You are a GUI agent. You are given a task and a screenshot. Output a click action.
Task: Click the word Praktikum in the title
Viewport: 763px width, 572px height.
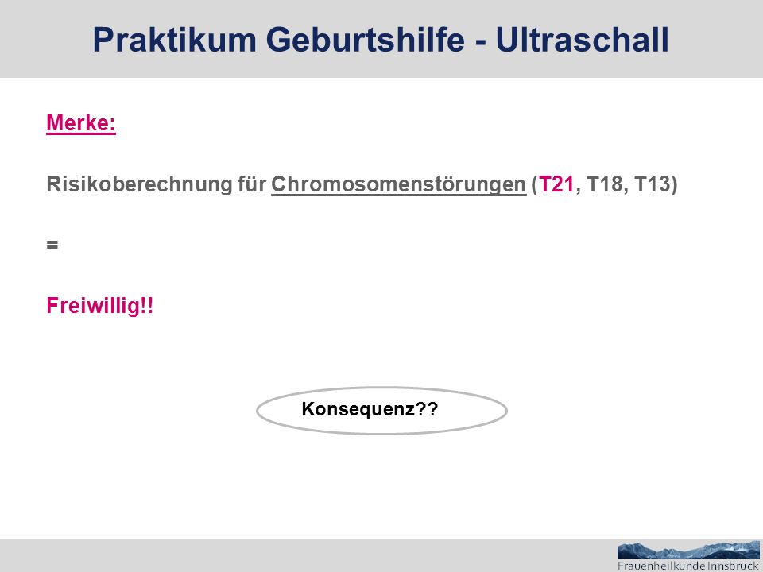click(174, 40)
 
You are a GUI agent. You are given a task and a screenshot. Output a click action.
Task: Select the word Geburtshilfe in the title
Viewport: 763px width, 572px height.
click(365, 40)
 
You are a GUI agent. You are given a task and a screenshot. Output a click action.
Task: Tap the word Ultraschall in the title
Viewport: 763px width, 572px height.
click(583, 40)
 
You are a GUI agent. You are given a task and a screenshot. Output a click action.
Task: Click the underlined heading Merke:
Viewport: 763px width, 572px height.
click(81, 122)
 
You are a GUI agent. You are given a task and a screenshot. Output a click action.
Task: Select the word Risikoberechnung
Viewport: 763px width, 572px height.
click(139, 184)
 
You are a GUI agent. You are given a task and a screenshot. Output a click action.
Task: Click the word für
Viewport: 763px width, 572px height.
click(252, 184)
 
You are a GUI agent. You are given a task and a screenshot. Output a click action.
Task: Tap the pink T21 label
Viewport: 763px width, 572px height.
click(556, 184)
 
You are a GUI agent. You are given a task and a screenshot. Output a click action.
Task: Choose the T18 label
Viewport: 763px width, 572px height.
click(604, 184)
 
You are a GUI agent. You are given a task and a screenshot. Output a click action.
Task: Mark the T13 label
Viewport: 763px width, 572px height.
click(652, 184)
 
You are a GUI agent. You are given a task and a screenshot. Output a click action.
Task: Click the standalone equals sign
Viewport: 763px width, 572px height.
click(52, 245)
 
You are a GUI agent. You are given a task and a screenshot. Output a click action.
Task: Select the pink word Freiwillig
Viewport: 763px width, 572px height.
click(93, 306)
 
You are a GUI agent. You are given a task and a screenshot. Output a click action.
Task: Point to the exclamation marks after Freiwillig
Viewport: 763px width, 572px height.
click(147, 305)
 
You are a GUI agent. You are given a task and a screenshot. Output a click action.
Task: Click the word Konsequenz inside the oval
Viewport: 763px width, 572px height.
click(358, 409)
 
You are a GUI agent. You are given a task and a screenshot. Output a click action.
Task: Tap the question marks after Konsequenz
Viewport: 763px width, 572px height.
click(427, 408)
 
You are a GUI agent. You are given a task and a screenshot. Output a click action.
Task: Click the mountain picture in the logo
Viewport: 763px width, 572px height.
click(688, 550)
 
